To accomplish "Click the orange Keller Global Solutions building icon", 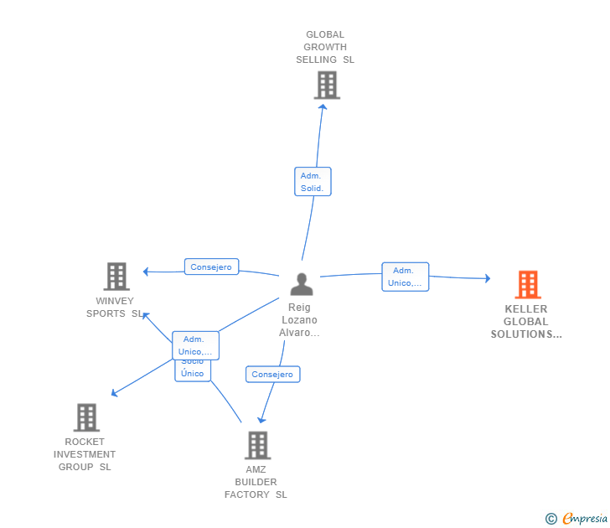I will tap(527, 285).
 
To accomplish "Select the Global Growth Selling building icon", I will tap(327, 85).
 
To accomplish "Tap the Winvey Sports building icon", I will tap(116, 276).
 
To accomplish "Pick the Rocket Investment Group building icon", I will tap(86, 417).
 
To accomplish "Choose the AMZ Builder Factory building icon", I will tap(257, 445).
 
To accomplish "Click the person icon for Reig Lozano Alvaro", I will tap(301, 284).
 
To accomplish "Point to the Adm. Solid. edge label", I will tap(313, 182).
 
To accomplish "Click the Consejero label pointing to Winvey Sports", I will tap(211, 267).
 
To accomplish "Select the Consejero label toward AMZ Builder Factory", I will tap(272, 375).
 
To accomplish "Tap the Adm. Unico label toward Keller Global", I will tap(405, 277).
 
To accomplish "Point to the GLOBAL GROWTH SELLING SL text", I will tap(325, 47).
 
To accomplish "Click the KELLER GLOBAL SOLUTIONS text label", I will tap(526, 322).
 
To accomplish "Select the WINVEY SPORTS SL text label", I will tap(116, 308).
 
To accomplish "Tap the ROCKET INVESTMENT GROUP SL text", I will tap(85, 454).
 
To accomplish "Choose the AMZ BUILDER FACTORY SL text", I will tap(256, 482).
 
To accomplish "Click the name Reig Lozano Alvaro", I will tap(299, 320).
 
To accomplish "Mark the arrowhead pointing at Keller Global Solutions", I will tap(487, 278).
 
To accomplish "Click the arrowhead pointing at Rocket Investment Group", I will tap(114, 393).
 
